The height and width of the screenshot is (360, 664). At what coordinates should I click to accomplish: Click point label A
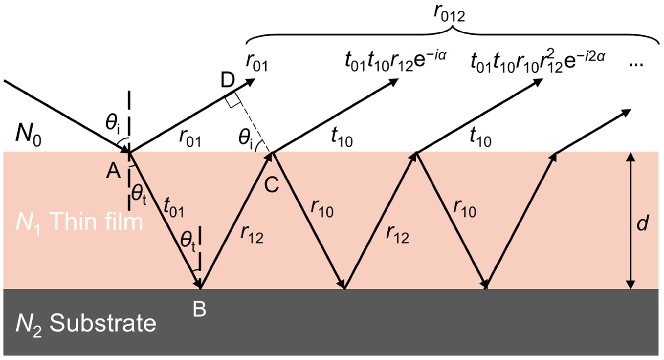coord(113,171)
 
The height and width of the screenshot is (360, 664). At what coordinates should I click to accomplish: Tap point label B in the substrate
coord(199,309)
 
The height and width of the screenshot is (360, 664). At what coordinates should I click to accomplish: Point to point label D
coord(228,80)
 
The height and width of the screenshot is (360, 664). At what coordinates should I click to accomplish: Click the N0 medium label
coord(28,135)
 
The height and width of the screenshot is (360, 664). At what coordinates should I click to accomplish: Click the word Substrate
coord(103,323)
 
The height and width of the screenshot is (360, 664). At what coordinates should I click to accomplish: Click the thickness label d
coord(642,223)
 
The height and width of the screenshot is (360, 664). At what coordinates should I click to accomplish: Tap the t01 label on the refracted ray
coord(173,208)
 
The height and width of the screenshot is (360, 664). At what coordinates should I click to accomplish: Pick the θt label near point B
coord(188,242)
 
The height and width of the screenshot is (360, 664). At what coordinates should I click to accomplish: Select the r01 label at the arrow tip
coord(256,63)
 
